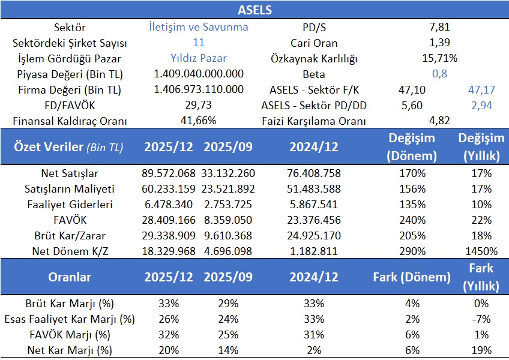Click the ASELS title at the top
coord(254,10)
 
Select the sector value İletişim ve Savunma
coord(199,27)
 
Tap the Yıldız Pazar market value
coord(199,58)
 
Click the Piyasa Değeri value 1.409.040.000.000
coord(199,74)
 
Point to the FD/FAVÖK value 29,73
coord(199,106)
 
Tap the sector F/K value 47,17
coord(482,90)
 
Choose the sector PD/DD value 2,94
coord(482,106)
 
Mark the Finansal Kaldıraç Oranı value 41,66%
coord(199,121)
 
